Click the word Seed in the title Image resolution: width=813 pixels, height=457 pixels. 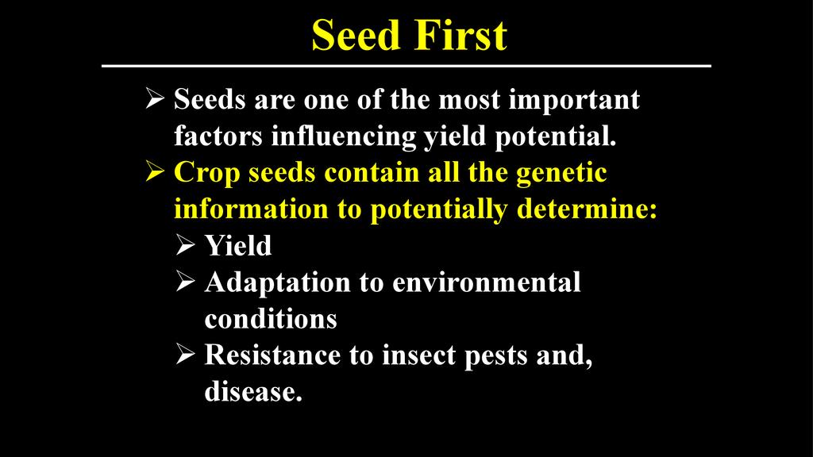click(355, 35)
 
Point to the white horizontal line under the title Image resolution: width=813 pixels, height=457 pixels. click(406, 66)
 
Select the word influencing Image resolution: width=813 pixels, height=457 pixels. click(343, 136)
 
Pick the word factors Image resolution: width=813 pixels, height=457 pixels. click(218, 136)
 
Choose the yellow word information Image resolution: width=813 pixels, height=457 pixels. click(251, 209)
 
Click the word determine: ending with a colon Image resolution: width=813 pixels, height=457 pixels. click(587, 209)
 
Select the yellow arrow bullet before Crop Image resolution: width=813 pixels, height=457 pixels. click(155, 171)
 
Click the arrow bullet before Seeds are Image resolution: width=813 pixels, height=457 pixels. click(155, 98)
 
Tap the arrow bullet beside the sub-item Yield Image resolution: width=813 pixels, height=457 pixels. click(185, 244)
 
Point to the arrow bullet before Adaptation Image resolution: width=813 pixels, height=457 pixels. click(185, 281)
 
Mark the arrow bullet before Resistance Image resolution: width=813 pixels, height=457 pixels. click(185, 354)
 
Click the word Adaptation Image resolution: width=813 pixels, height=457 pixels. click(277, 283)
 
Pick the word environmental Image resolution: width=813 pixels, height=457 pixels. click(487, 282)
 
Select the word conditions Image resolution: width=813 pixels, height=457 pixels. click(271, 319)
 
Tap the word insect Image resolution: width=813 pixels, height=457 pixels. click(419, 355)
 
